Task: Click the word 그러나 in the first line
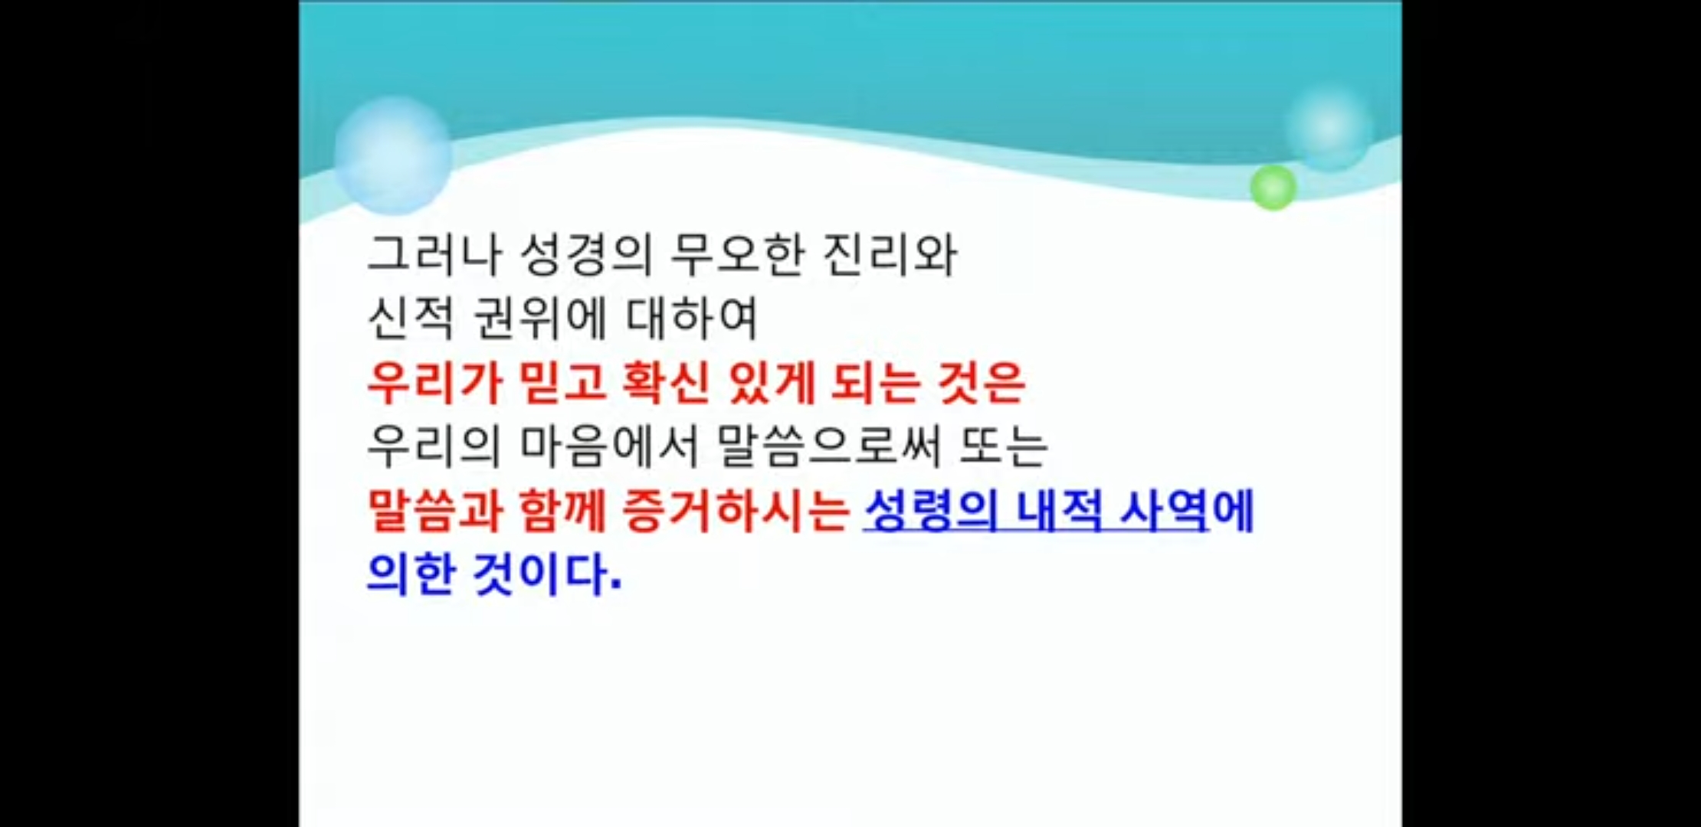point(433,254)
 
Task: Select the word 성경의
point(585,254)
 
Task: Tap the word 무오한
point(737,254)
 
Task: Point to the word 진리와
point(890,254)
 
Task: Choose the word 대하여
point(692,318)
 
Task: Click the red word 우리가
point(433,382)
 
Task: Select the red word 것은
point(982,382)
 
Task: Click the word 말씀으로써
point(830,446)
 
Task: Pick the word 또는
point(1004,446)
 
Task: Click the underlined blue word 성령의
point(930,510)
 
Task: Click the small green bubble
point(1273,187)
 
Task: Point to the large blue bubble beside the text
point(393,155)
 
